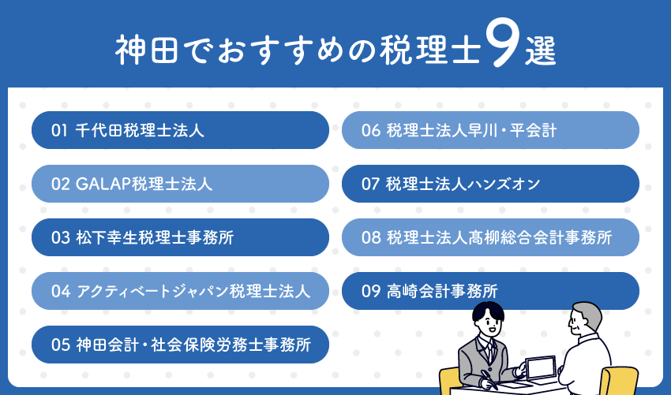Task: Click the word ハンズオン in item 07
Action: pos(504,184)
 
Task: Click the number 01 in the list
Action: pos(59,131)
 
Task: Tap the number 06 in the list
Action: pos(370,131)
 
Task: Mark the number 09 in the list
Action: pos(370,292)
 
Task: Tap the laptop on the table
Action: pos(541,367)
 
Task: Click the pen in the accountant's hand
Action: pos(489,379)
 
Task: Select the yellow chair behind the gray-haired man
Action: pos(619,381)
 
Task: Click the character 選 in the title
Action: pos(541,50)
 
